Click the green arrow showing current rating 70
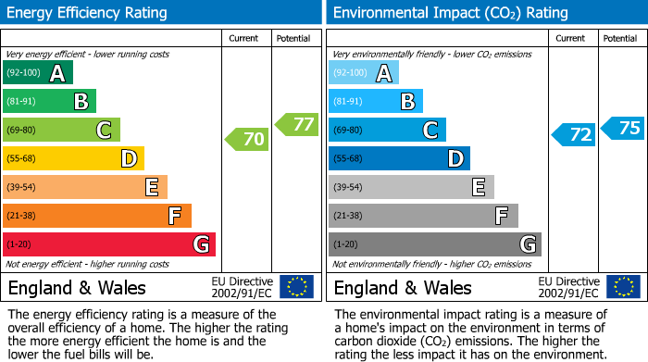click(247, 140)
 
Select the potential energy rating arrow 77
click(297, 123)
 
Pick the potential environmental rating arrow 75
click(623, 128)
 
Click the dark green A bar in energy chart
click(38, 73)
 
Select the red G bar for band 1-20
click(109, 244)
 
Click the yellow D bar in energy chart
click(73, 159)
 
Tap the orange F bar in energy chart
click(97, 217)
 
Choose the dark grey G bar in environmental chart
click(434, 244)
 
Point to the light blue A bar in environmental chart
click(364, 73)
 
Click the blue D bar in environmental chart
click(399, 159)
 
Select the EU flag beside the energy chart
click(296, 287)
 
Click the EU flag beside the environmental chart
click(622, 287)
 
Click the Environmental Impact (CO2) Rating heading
click(450, 13)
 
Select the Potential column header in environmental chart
click(620, 38)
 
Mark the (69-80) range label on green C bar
click(22, 131)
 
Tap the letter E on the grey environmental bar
click(478, 188)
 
